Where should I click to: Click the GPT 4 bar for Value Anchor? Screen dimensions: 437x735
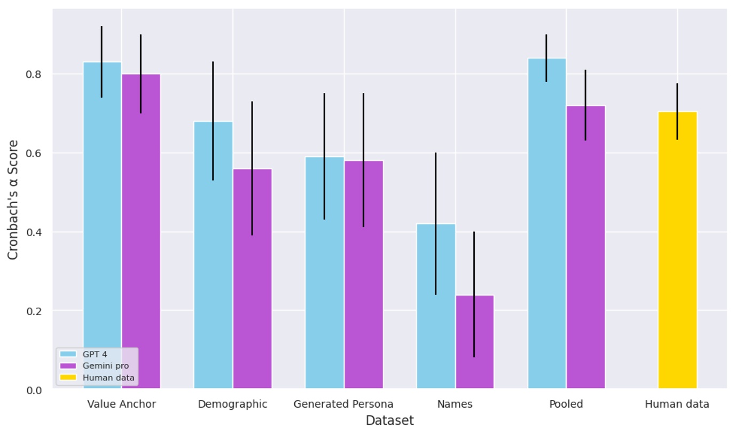click(x=103, y=225)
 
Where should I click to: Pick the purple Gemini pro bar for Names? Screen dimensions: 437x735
click(x=474, y=342)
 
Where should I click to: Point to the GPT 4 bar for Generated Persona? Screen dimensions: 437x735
click(x=324, y=272)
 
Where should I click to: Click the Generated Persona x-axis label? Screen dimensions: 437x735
click(x=343, y=404)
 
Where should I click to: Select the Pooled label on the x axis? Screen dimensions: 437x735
click(x=566, y=404)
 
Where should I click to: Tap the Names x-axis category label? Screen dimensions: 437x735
click(x=455, y=404)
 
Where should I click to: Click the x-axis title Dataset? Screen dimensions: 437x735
click(x=389, y=421)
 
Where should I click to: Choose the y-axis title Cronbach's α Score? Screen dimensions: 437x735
click(x=13, y=199)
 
